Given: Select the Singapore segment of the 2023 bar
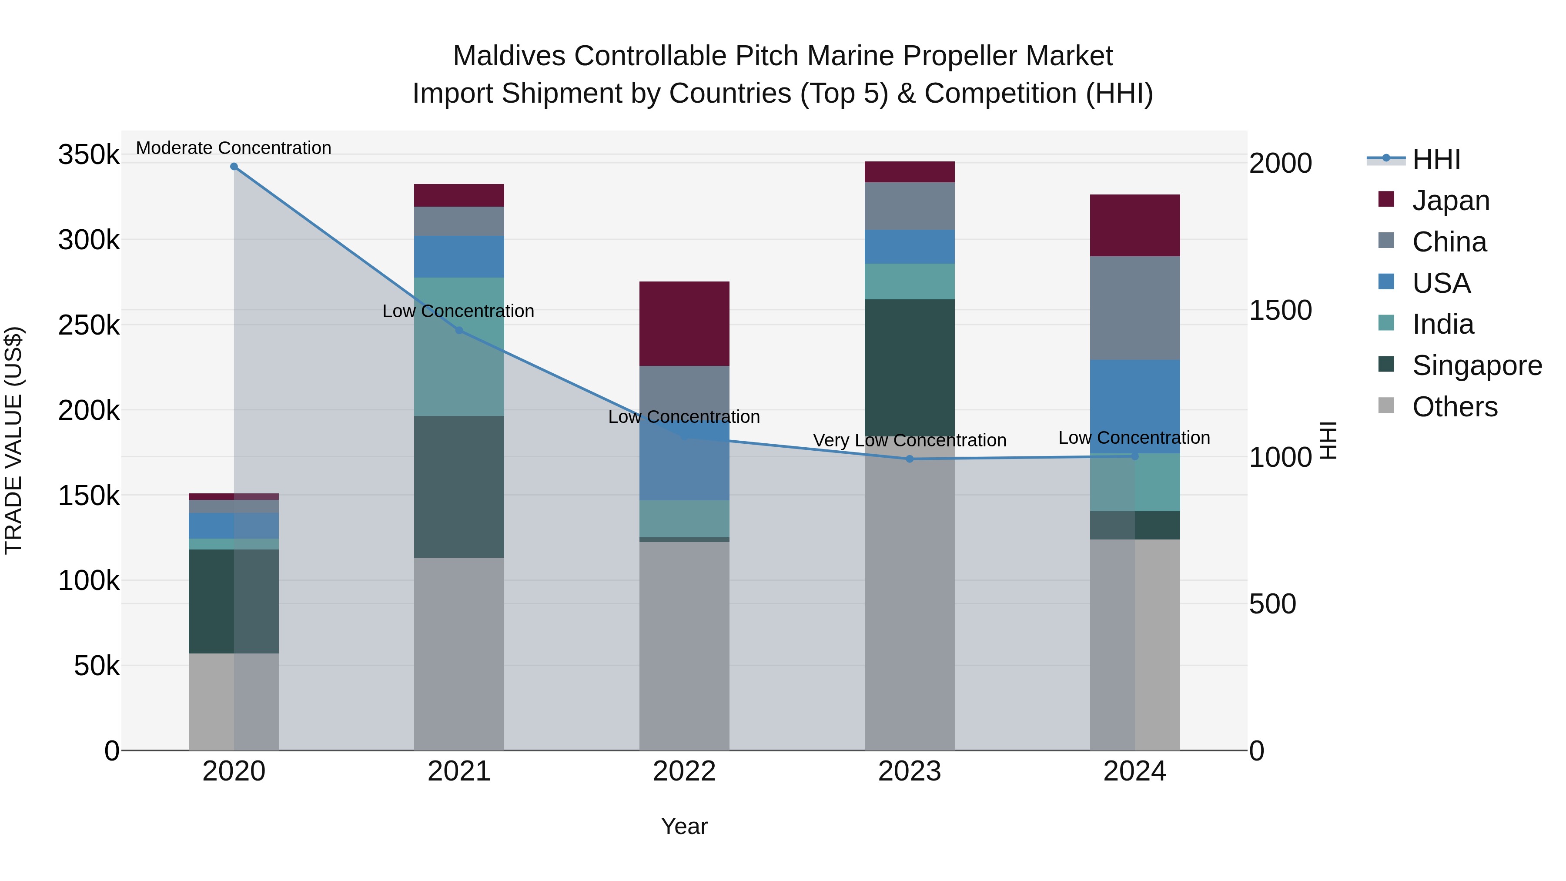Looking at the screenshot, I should point(910,367).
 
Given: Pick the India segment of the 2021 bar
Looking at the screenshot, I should point(459,347).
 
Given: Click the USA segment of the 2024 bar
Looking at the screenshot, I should point(1134,406).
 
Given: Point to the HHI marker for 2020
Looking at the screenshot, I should point(234,167).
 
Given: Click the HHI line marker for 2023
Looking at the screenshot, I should point(910,459).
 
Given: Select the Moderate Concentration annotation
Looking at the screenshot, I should point(234,148).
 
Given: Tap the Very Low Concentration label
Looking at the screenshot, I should point(910,440).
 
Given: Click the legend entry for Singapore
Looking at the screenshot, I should point(1476,365).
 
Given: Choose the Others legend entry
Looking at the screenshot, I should point(1454,407).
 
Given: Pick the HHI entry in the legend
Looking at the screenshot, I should point(1436,159).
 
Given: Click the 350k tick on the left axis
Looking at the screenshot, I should point(89,154).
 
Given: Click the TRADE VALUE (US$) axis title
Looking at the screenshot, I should point(13,440).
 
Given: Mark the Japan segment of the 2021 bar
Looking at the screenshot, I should point(459,195).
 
